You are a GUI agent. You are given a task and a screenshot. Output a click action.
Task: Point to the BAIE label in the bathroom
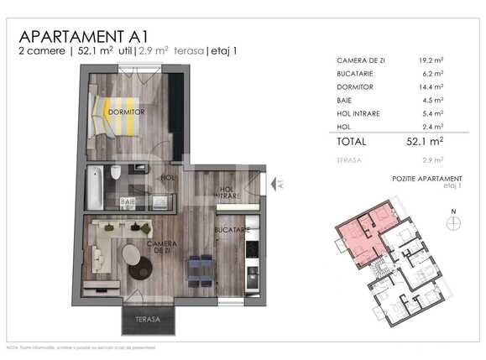click(128, 201)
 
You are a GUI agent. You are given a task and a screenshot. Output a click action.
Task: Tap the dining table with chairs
click(200, 269)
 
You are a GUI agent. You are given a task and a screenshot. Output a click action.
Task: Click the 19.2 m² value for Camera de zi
click(431, 61)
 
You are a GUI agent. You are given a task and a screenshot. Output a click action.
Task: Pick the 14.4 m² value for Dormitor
click(431, 86)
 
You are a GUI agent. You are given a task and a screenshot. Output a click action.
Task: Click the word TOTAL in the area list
click(352, 142)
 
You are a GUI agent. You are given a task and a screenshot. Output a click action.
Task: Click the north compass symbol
click(453, 222)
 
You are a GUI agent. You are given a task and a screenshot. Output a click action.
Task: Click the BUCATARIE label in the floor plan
click(229, 228)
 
